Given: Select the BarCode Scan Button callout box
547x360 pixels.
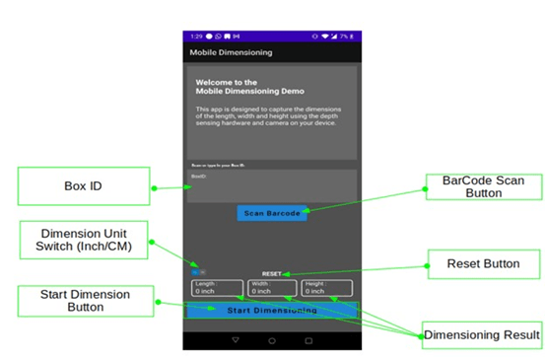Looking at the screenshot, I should pyautogui.click(x=482, y=187).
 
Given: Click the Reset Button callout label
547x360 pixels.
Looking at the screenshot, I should pyautogui.click(x=483, y=263).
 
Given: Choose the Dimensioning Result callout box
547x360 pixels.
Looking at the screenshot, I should pyautogui.click(x=483, y=335).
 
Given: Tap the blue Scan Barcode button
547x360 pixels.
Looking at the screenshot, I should pyautogui.click(x=273, y=213).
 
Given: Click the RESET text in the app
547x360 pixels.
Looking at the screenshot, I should pyautogui.click(x=272, y=273).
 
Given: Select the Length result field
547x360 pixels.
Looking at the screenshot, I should pyautogui.click(x=217, y=288).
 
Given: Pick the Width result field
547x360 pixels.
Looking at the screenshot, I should pyautogui.click(x=272, y=288).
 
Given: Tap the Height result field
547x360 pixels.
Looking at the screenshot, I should pyautogui.click(x=326, y=288).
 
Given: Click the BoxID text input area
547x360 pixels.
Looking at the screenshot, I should pyautogui.click(x=272, y=184).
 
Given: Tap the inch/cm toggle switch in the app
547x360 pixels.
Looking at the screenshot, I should pyautogui.click(x=198, y=272).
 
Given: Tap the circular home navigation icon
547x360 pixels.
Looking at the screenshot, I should pyautogui.click(x=272, y=340).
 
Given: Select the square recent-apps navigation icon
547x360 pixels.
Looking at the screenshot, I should pyautogui.click(x=308, y=340).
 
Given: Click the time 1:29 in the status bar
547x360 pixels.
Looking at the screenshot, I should pyautogui.click(x=196, y=36).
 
